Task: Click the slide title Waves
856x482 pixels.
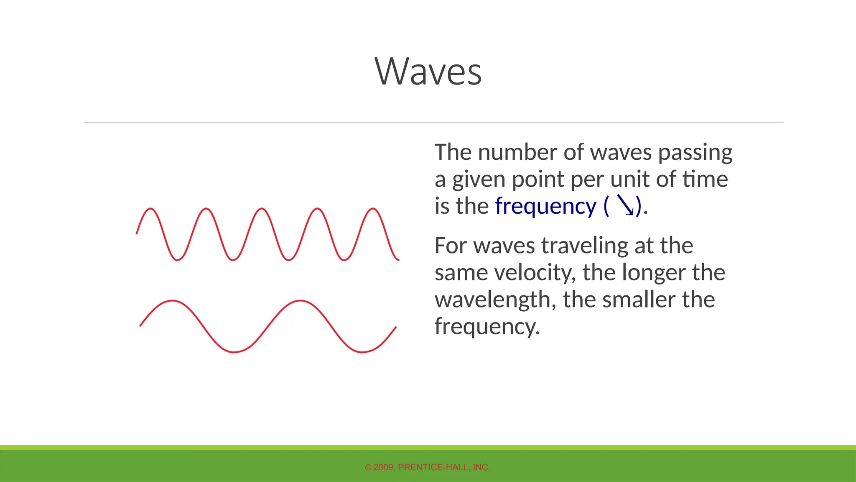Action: [428, 72]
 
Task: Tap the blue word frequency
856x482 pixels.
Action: [545, 206]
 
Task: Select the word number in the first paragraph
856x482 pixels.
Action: [517, 152]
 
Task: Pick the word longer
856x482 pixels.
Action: [653, 273]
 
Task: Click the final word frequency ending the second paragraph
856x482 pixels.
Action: [487, 327]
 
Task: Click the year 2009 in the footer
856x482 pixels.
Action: [383, 467]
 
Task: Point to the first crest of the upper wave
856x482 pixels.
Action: [150, 208]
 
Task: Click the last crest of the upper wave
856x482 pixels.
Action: [373, 208]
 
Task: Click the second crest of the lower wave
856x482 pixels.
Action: [300, 300]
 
